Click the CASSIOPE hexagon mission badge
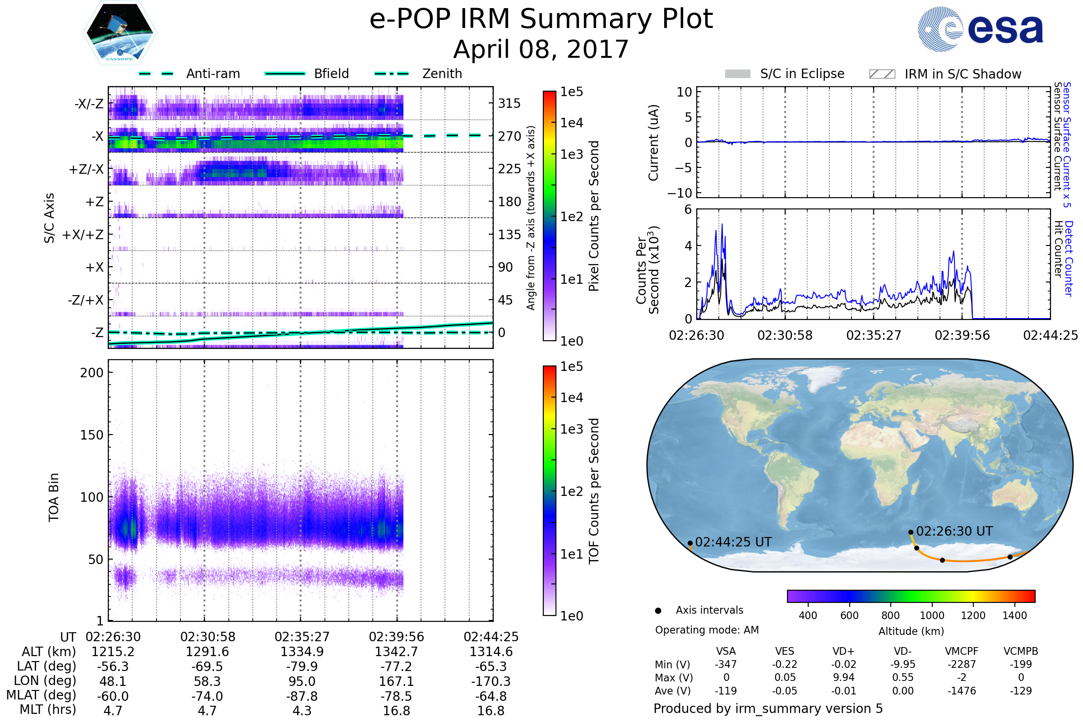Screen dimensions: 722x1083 click(x=120, y=32)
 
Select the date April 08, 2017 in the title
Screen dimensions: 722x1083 click(x=541, y=49)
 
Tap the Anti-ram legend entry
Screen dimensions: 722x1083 click(x=213, y=74)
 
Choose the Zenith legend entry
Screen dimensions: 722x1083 click(x=442, y=74)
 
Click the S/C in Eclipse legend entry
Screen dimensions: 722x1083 click(x=802, y=74)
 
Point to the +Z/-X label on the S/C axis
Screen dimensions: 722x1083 click(x=86, y=170)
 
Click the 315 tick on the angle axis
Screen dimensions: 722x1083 click(x=509, y=104)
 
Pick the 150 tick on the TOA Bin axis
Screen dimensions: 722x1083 click(x=92, y=435)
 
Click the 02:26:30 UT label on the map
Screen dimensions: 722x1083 click(x=954, y=532)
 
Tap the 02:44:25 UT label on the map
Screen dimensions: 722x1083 click(x=733, y=542)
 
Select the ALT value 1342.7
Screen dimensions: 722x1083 click(x=396, y=652)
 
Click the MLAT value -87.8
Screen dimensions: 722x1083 click(x=301, y=696)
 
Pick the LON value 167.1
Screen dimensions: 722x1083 click(x=396, y=681)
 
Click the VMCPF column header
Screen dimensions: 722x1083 click(x=962, y=652)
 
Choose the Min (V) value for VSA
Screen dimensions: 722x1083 click(x=726, y=664)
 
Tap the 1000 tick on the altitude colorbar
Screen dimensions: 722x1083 click(x=931, y=616)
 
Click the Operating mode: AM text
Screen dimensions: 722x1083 click(x=707, y=630)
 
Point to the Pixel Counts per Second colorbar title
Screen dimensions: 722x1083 click(x=594, y=216)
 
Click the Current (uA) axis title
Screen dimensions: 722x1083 click(x=653, y=143)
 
